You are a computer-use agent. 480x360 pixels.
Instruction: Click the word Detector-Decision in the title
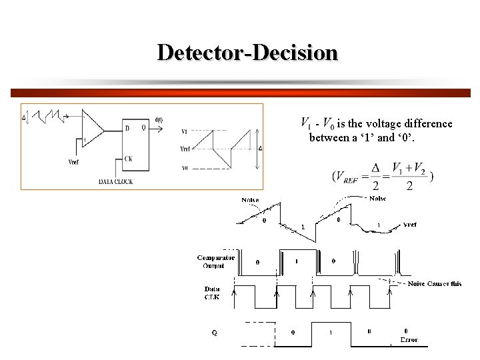(x=247, y=52)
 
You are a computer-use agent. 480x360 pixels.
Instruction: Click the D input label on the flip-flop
(x=127, y=128)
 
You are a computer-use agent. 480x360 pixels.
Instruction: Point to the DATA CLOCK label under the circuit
(x=115, y=181)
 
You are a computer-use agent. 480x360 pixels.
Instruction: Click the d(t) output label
(x=159, y=121)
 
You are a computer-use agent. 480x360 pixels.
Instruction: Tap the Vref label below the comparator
(x=77, y=161)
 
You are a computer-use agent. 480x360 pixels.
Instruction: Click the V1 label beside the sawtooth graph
(x=185, y=131)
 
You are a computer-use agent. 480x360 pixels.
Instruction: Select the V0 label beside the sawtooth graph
(x=185, y=167)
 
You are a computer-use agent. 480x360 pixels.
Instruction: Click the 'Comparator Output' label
(x=215, y=261)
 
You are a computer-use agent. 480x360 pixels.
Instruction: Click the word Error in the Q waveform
(x=408, y=340)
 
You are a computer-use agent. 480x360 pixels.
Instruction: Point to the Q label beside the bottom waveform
(x=214, y=332)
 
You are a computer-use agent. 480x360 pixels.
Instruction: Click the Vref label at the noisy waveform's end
(x=411, y=225)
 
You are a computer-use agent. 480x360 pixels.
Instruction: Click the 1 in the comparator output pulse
(x=297, y=261)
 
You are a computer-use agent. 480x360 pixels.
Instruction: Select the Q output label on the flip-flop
(x=144, y=128)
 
